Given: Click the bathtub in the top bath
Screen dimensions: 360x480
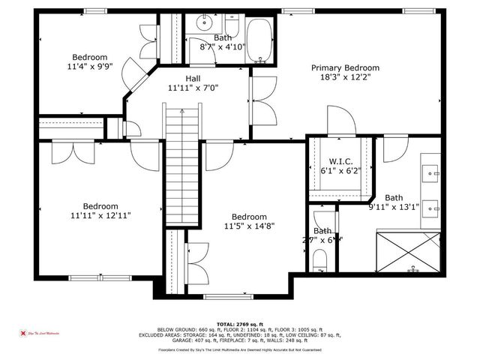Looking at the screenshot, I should [x=259, y=39].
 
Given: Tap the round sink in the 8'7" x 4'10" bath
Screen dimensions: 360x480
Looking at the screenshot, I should [x=202, y=23].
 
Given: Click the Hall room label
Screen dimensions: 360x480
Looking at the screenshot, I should [x=193, y=77].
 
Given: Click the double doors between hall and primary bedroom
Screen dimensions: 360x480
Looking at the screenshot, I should [x=259, y=97].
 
